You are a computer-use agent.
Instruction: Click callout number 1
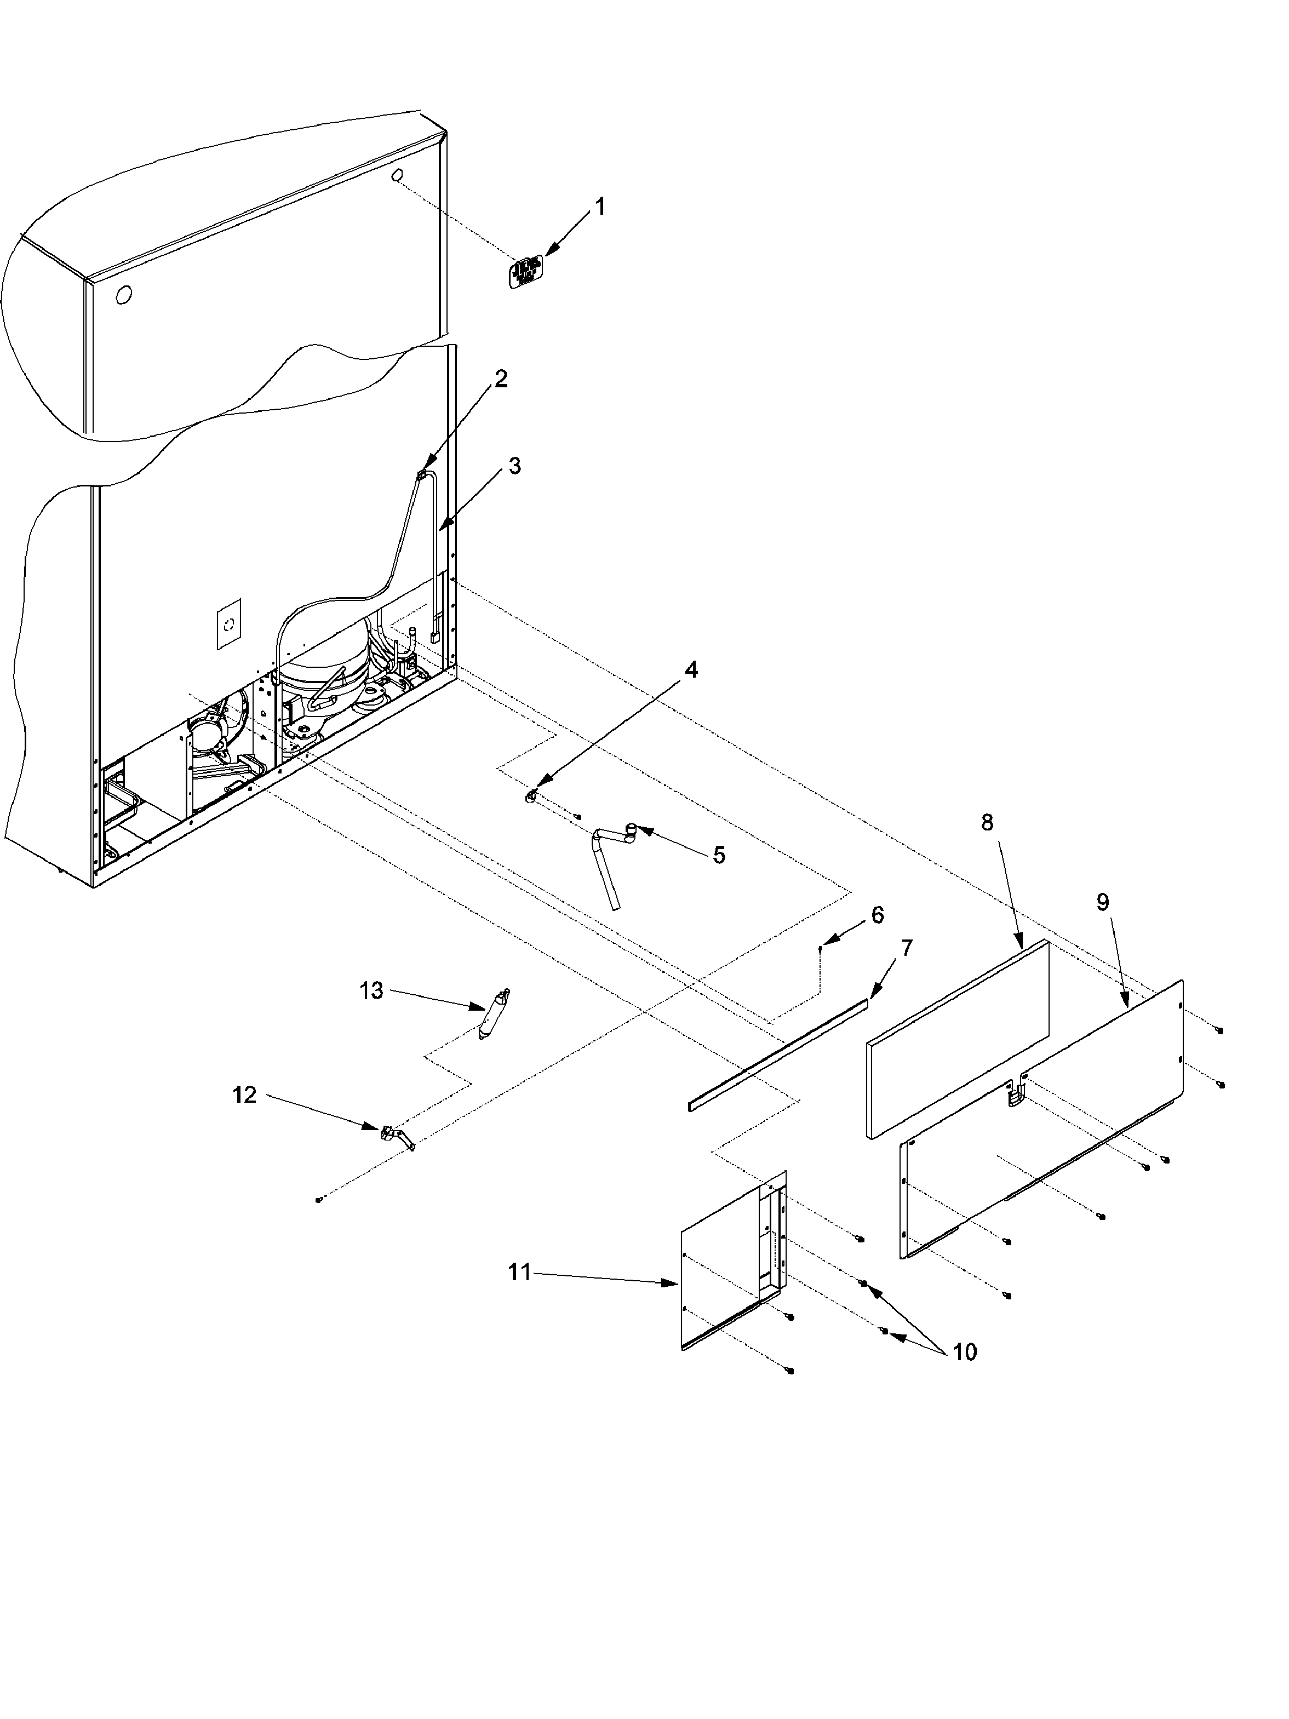pos(599,207)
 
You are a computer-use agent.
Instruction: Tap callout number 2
pos(501,379)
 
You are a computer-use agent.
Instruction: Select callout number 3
pos(514,466)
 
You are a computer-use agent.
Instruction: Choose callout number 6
pos(876,915)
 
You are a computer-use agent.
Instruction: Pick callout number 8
pos(987,823)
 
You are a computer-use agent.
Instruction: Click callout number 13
pos(371,991)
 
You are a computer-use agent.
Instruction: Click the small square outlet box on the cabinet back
pos(228,623)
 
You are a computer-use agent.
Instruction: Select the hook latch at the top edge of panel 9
pos(1015,1096)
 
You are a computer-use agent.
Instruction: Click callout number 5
pos(719,856)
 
